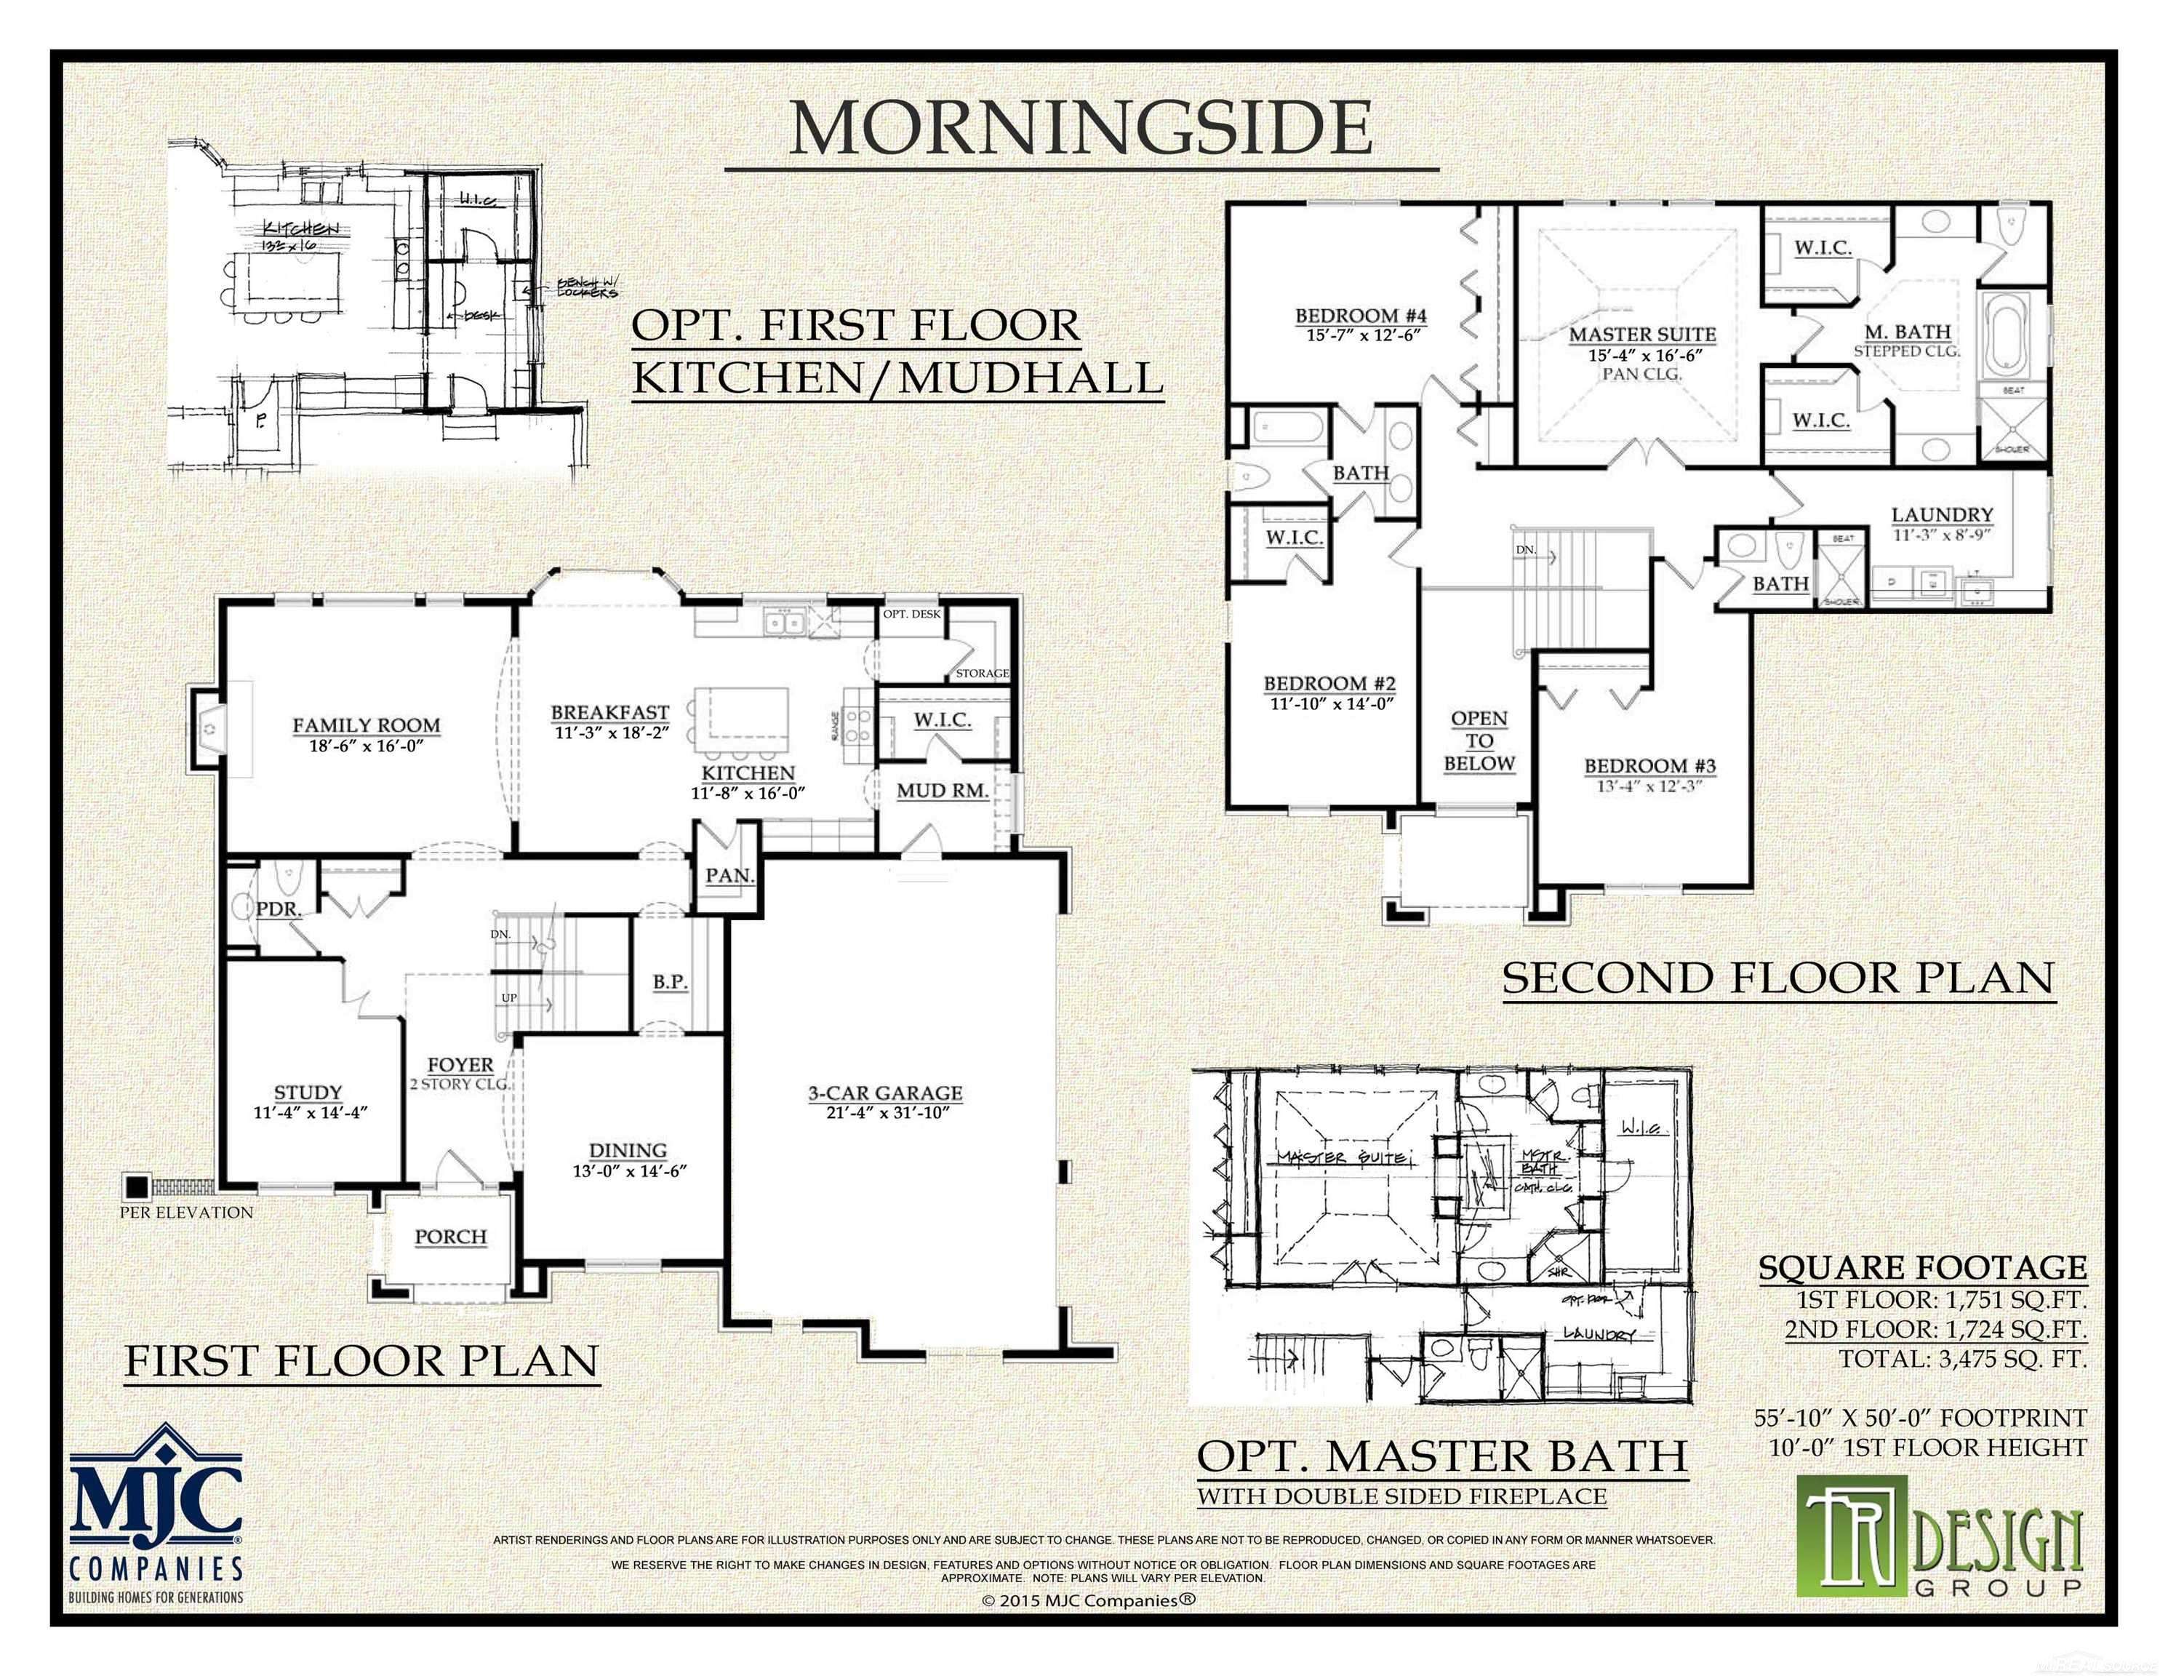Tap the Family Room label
tap(367, 726)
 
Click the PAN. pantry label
tap(729, 877)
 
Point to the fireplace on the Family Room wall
tap(209, 731)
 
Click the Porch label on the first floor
tap(451, 1237)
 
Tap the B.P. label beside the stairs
tap(670, 982)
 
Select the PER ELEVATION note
tap(187, 1213)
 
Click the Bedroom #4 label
tap(1361, 316)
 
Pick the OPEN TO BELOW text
tap(1479, 741)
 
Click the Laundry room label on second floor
tap(1942, 515)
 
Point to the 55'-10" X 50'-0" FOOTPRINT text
tap(1920, 1418)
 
